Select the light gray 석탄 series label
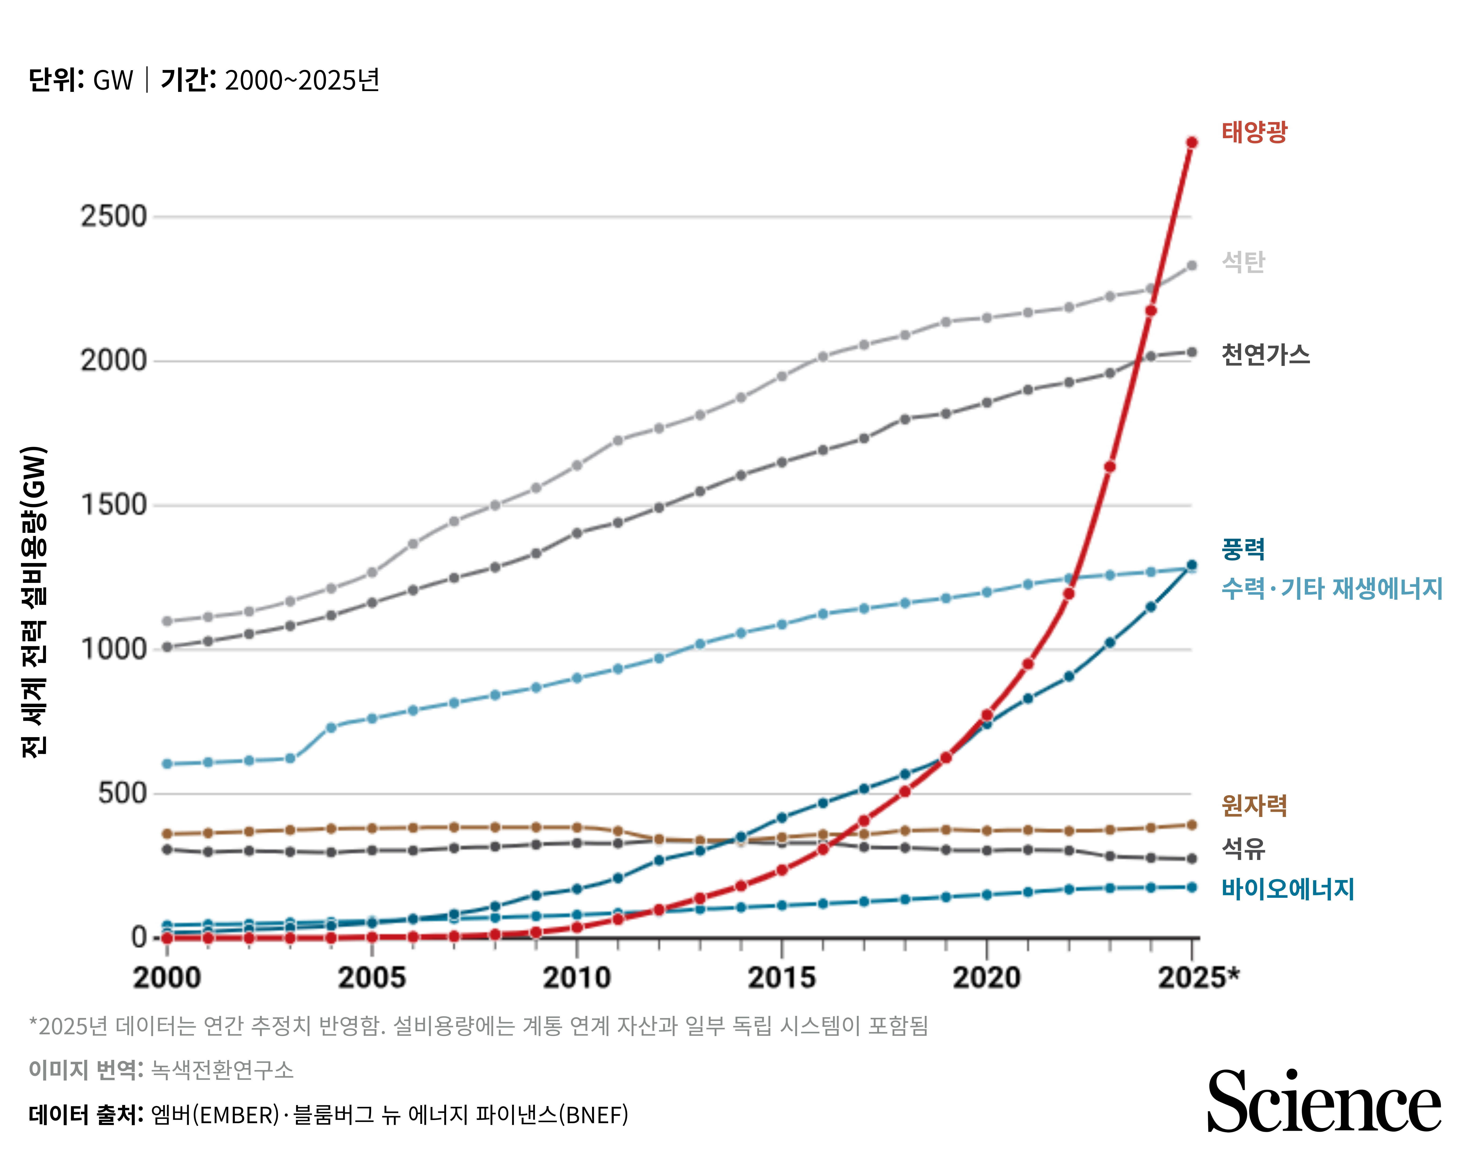pyautogui.click(x=1243, y=262)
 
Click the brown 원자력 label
pyautogui.click(x=1254, y=805)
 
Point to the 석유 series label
pyautogui.click(x=1243, y=848)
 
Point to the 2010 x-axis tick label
pyautogui.click(x=576, y=978)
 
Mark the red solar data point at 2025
pyautogui.click(x=1191, y=142)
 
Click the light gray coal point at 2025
pyautogui.click(x=1191, y=266)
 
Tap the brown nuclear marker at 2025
pyautogui.click(x=1191, y=825)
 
